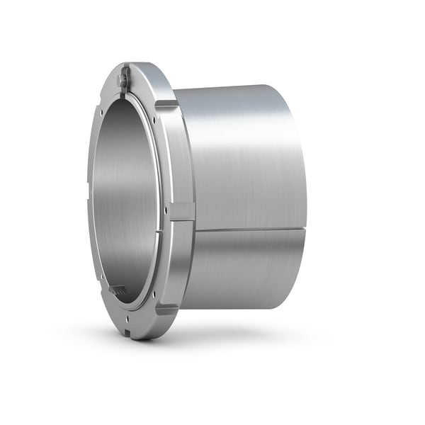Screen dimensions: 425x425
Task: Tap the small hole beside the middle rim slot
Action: point(168,210)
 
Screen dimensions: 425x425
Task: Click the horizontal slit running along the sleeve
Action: point(248,229)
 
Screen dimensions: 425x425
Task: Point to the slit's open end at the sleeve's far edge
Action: point(305,228)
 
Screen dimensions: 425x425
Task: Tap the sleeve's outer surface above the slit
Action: point(241,156)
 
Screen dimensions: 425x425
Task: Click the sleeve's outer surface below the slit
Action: point(241,269)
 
